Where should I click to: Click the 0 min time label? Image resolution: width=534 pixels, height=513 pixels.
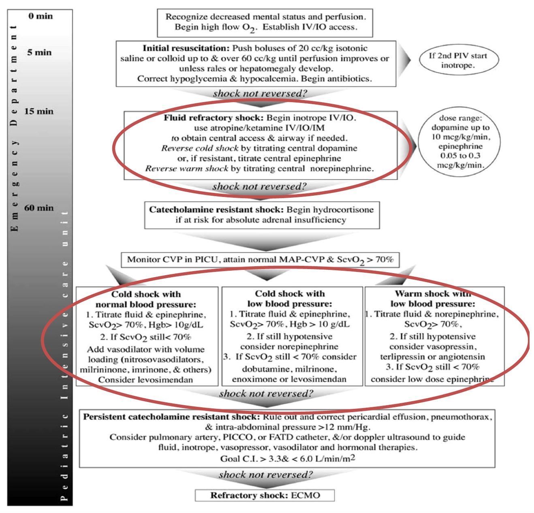coord(41,16)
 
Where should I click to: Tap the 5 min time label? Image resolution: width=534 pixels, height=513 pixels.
coord(39,52)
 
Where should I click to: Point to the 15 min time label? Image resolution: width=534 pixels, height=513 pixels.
coord(38,111)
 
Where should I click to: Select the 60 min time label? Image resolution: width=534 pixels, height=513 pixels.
coord(39,208)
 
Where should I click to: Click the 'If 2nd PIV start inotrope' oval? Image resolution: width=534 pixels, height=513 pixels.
coord(457,60)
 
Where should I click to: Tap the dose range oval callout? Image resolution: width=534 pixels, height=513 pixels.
coord(460,141)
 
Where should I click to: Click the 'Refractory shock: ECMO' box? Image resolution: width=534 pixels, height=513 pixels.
coord(265,495)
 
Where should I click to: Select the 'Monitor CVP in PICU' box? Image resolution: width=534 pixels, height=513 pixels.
coord(260,259)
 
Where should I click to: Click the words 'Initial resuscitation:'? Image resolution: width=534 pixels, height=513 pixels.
coord(186,48)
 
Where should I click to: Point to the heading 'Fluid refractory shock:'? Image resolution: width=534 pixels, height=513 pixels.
coord(214,118)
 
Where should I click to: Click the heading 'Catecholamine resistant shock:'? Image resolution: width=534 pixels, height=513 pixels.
coord(216,209)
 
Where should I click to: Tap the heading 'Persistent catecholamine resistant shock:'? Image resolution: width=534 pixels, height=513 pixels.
coord(171,417)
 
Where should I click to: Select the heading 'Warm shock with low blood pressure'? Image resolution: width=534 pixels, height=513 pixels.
coord(433,299)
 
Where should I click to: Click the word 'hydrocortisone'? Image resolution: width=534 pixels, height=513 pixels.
coord(343,209)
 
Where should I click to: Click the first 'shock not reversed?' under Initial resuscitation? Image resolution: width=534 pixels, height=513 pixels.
coord(260,94)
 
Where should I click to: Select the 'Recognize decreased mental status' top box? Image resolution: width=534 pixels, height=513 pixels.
coord(265,22)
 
